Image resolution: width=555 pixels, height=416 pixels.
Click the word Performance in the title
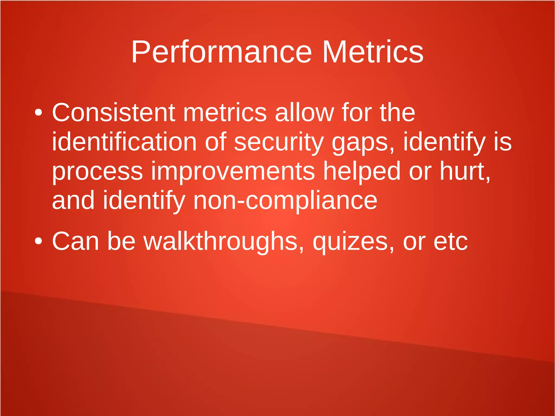pyautogui.click(x=221, y=52)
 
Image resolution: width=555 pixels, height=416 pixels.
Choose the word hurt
pyautogui.click(x=464, y=171)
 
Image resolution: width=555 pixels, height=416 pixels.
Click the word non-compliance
pyautogui.click(x=285, y=201)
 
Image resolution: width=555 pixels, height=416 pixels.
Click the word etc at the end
pyautogui.click(x=450, y=242)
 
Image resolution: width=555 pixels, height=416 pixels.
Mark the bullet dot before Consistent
pyautogui.click(x=38, y=113)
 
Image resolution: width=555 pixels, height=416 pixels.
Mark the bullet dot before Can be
pyautogui.click(x=38, y=241)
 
